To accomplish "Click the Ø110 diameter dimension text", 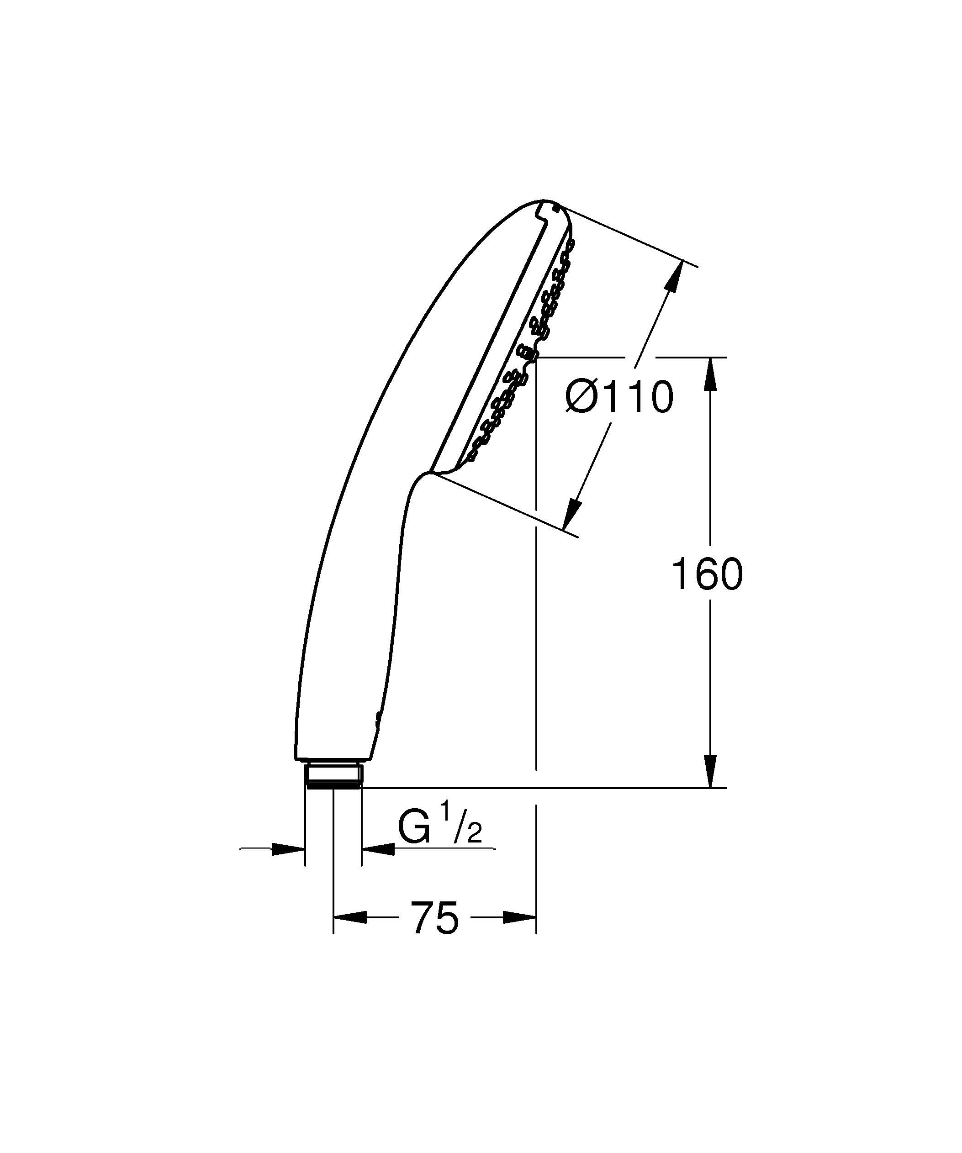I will [619, 396].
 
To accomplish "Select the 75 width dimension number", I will [434, 917].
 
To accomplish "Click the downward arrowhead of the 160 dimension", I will [710, 771].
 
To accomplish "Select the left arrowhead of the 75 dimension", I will [350, 917].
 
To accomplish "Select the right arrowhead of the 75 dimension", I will [519, 917].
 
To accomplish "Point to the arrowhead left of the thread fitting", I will [289, 849].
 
